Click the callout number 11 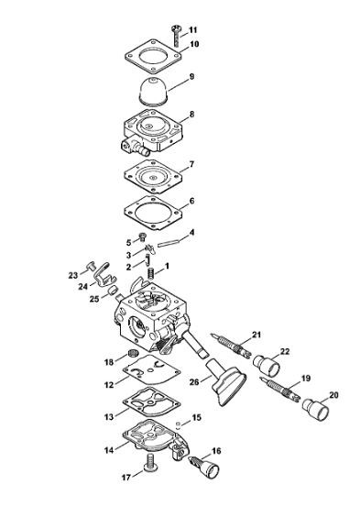(192, 30)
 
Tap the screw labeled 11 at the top (176, 36)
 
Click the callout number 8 (191, 115)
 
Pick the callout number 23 (73, 275)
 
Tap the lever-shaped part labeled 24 (104, 274)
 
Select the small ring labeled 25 (113, 290)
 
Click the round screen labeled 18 (134, 354)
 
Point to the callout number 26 (194, 382)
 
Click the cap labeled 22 (267, 366)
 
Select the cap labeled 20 (315, 410)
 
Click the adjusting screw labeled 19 (280, 389)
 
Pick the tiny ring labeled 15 (180, 424)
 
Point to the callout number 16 (216, 451)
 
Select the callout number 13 (109, 417)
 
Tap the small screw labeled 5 (143, 237)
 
